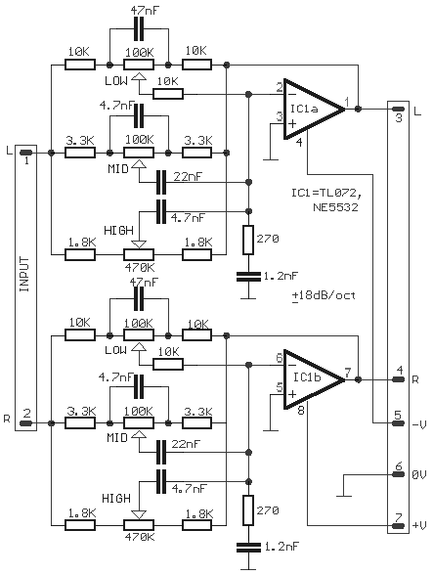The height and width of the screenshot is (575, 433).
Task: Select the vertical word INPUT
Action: [24, 274]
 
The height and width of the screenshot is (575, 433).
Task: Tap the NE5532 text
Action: [335, 207]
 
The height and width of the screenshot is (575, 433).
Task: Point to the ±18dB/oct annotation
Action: [324, 295]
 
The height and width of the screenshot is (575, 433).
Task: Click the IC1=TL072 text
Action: [328, 193]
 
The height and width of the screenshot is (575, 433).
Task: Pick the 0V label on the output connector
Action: [419, 475]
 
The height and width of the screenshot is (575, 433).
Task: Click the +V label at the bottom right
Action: [419, 525]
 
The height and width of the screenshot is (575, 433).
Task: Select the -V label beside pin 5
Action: [419, 424]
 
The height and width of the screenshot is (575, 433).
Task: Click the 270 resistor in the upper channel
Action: [248, 240]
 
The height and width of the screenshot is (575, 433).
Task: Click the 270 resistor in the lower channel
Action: [248, 510]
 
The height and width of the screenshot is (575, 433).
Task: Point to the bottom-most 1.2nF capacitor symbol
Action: [248, 548]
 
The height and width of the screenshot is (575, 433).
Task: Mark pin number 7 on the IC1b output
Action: [347, 373]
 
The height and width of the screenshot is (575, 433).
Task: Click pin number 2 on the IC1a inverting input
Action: [280, 88]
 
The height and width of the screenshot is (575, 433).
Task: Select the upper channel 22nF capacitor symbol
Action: [161, 182]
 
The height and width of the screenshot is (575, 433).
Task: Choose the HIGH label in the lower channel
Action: [116, 499]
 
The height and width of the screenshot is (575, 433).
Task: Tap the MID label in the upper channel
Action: [118, 168]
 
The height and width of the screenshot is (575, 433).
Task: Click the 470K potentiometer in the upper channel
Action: [139, 254]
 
